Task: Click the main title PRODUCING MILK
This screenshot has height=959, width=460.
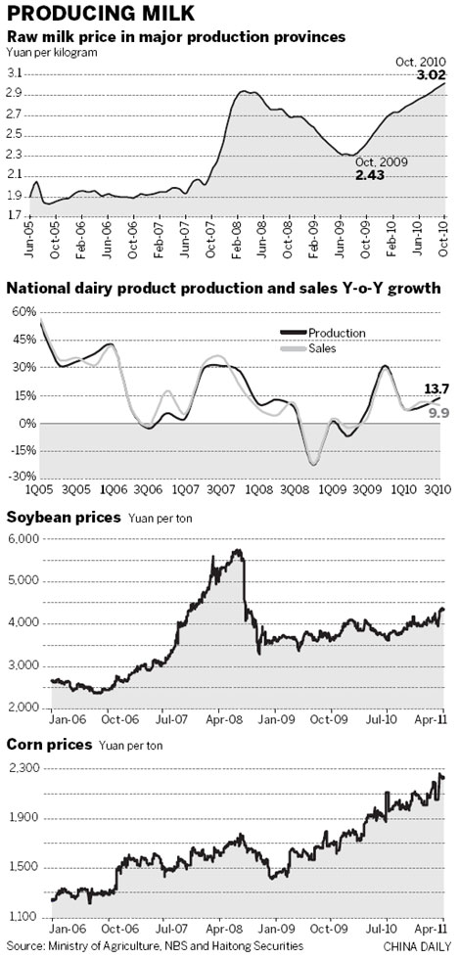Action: click(103, 14)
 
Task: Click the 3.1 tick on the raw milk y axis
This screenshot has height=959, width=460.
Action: click(17, 74)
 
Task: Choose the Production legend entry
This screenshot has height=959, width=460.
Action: click(335, 333)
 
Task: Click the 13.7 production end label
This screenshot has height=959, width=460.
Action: click(437, 389)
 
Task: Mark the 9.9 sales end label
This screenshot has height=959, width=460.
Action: click(438, 414)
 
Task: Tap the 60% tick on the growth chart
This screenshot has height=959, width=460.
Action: click(22, 311)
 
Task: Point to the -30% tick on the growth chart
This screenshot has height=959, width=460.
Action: click(20, 477)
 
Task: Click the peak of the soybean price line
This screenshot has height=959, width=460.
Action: click(237, 551)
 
